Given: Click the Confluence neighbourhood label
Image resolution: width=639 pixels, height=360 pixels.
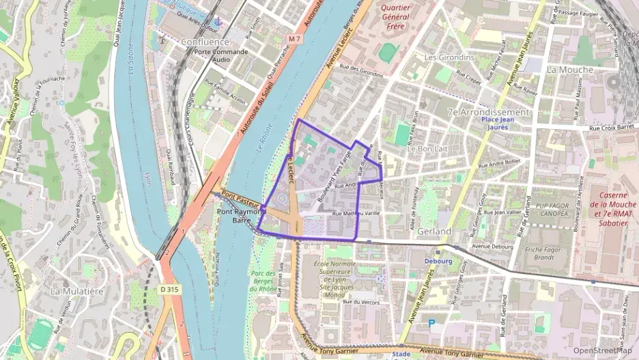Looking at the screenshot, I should [205, 41].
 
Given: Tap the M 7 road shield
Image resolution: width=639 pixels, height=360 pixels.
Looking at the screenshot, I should [294, 39].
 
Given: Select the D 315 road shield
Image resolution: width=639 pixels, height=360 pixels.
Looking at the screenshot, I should [171, 289].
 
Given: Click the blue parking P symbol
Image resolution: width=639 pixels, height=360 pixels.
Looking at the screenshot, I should [431, 322].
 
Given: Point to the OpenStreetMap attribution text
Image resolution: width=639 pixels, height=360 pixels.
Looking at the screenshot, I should [602, 350].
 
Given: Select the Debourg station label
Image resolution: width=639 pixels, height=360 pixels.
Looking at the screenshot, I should [438, 261].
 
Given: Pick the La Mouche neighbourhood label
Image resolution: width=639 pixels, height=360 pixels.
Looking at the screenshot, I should [570, 70].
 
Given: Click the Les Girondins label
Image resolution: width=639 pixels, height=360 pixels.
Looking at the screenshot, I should [449, 57].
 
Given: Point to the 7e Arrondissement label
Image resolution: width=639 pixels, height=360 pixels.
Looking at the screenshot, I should [488, 112].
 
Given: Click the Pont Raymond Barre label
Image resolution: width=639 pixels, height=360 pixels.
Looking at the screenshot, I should [240, 217].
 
